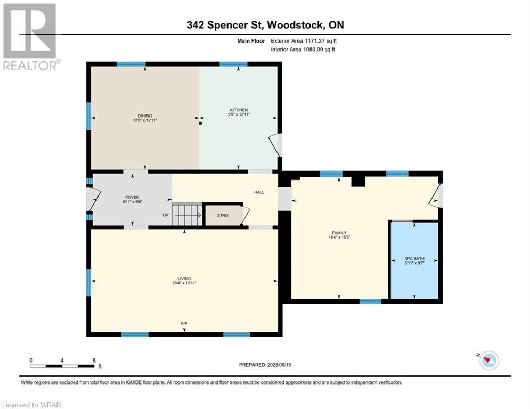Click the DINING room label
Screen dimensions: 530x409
(145, 116)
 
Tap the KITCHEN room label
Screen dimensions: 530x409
(239, 110)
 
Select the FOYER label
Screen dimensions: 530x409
(132, 198)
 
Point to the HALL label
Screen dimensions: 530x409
(259, 192)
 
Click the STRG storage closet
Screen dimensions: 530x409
(223, 215)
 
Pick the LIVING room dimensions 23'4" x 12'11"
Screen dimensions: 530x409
(184, 283)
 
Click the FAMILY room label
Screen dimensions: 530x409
(339, 233)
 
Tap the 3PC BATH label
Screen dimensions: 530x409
(414, 259)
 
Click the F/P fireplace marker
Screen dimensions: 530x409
(184, 323)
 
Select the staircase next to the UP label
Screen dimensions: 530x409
(187, 214)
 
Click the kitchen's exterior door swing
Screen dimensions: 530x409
(275, 145)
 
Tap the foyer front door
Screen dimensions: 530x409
(94, 199)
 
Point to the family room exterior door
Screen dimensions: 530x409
(436, 195)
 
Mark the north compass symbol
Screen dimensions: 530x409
(489, 361)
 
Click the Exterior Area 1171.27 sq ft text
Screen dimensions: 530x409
(304, 41)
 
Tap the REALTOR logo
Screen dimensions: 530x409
(30, 37)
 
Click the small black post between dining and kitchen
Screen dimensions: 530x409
(200, 124)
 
